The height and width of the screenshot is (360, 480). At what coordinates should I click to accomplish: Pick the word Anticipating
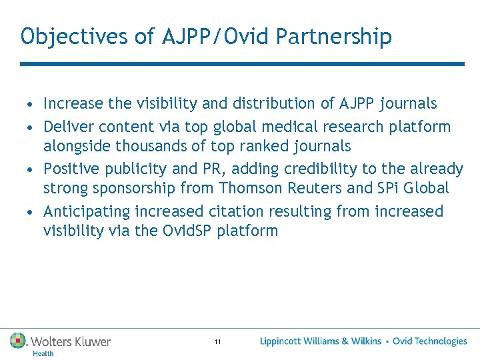pyautogui.click(x=87, y=211)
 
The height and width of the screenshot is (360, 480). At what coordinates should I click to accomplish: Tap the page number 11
pyautogui.click(x=218, y=342)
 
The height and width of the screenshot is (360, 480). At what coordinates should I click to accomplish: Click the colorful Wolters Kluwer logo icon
pyautogui.click(x=18, y=341)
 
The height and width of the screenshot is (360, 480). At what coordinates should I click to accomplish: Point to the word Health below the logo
pyautogui.click(x=43, y=353)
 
